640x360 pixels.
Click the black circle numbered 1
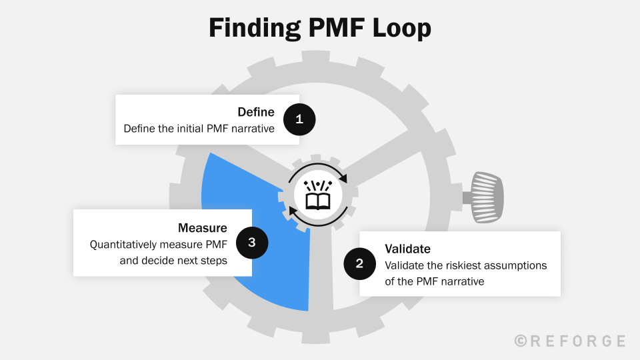click(299, 119)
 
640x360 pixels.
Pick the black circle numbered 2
click(359, 263)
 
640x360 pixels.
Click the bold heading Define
click(255, 112)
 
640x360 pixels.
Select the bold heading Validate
click(407, 249)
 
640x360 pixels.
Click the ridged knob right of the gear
click(487, 197)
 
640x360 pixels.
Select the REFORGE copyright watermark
click(570, 341)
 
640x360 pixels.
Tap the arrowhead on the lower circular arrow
click(293, 214)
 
